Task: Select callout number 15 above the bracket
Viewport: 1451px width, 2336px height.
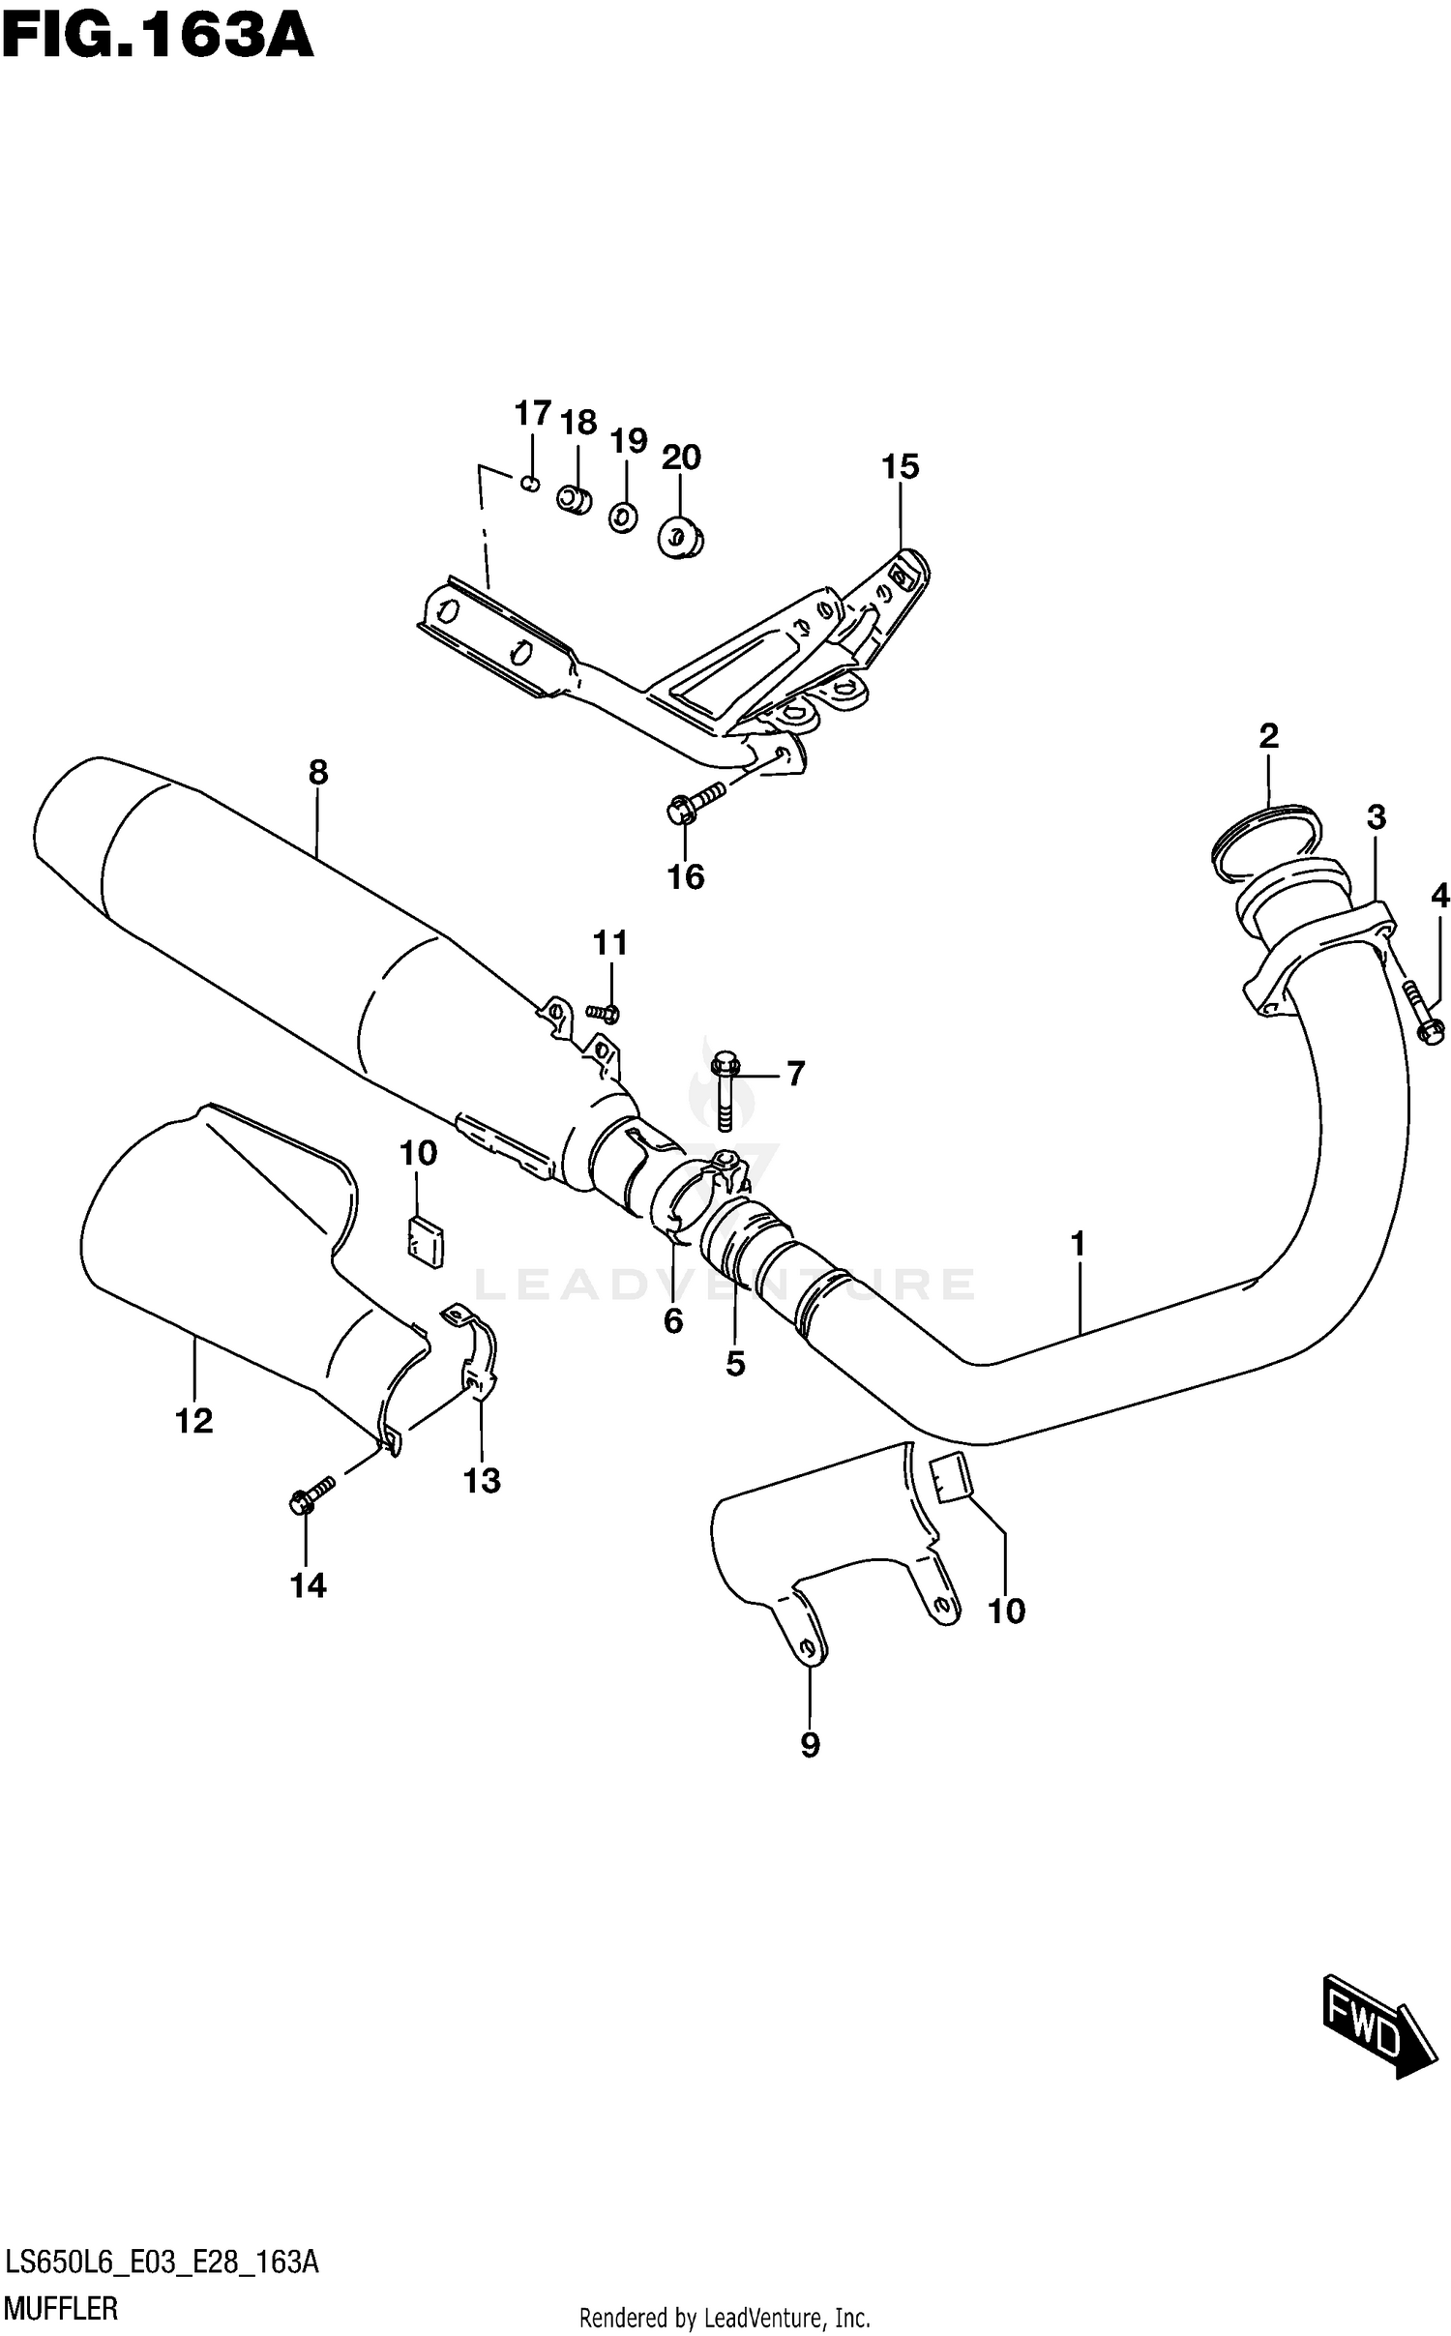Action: (900, 467)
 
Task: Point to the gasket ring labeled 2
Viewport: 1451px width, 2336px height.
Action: (1266, 835)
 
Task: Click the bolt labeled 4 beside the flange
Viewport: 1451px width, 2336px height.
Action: (1420, 1011)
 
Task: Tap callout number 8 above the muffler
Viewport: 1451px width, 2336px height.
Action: (318, 773)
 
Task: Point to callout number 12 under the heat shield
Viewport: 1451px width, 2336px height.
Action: (193, 1420)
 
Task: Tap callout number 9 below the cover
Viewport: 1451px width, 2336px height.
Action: (810, 1744)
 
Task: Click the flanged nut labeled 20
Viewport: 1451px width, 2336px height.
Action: (680, 537)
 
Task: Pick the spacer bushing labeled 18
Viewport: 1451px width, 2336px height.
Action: (576, 499)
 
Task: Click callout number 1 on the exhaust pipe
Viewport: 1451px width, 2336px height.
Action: (1078, 1244)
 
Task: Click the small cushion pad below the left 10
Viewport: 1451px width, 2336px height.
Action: (424, 1241)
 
